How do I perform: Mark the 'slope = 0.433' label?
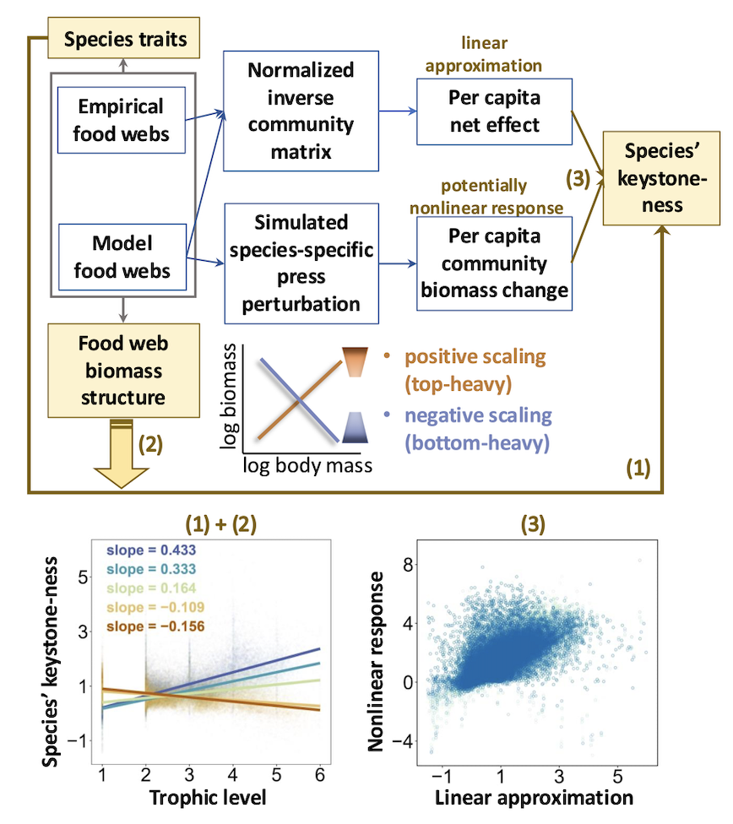point(152,550)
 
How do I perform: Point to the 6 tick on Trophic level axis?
point(320,774)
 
